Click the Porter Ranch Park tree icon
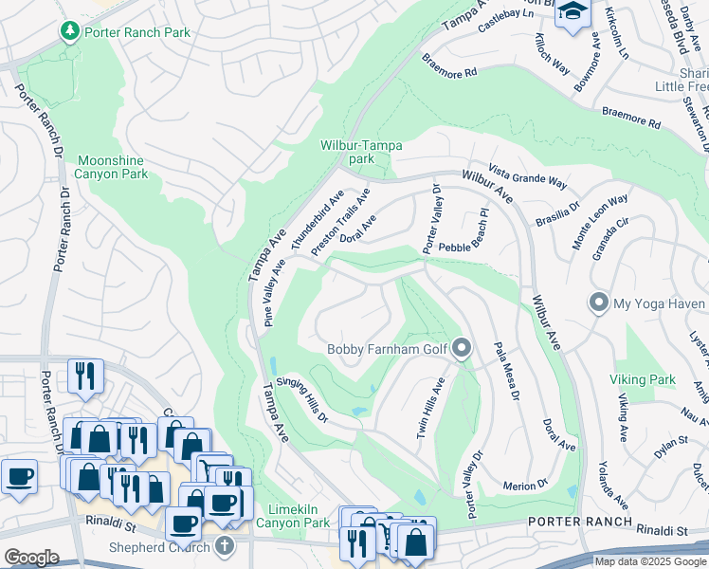69,32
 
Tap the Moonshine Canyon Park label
112,167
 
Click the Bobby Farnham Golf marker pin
462,348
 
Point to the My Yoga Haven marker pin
598,303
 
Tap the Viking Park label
643,379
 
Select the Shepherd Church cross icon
224,545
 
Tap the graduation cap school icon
573,12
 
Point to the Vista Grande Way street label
526,181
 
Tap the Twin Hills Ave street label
429,409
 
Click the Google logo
32,558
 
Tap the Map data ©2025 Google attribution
649,561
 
